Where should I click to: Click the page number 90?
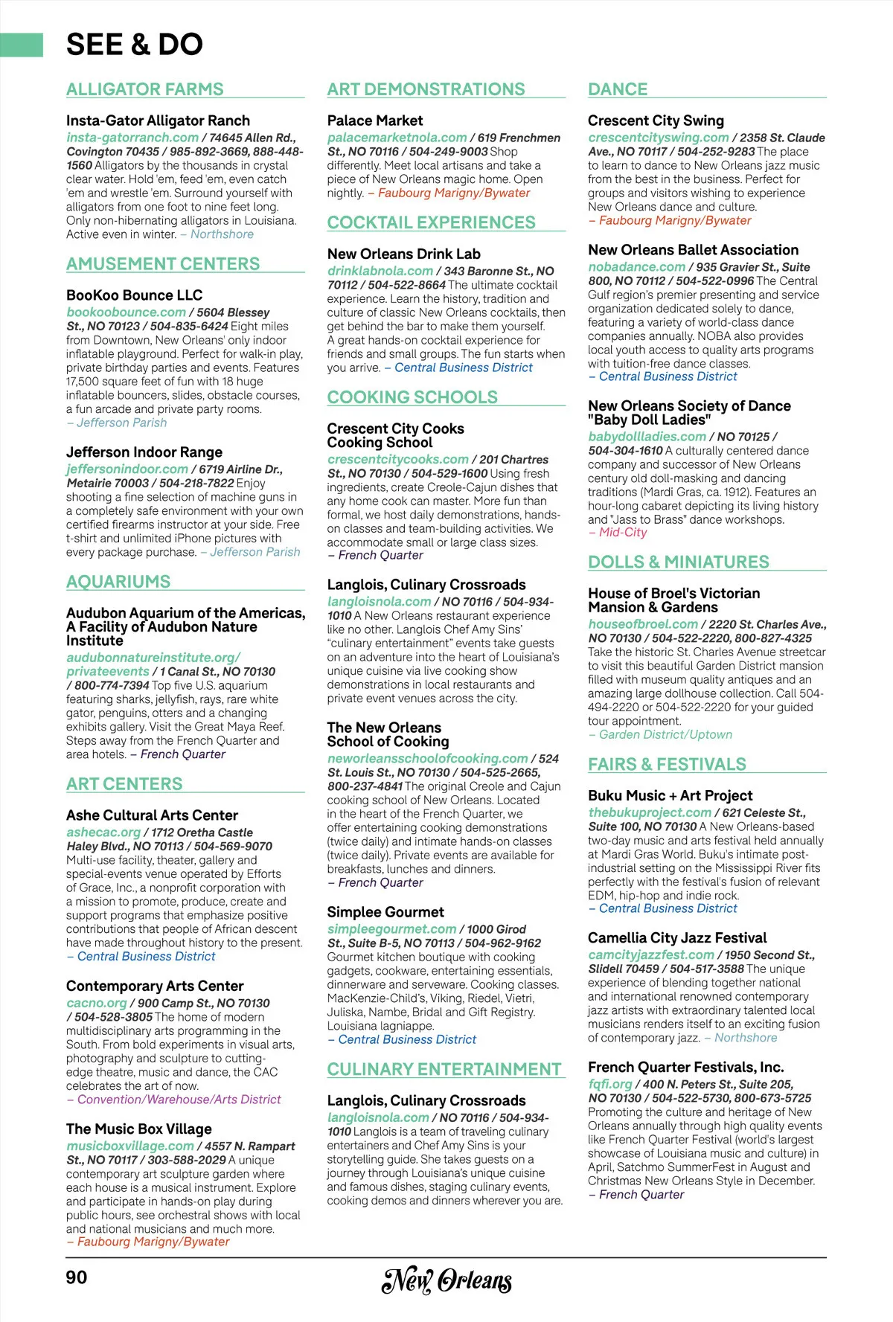coord(77,1277)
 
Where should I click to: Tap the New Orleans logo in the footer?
coord(446,1280)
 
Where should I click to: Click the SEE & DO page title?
coord(135,45)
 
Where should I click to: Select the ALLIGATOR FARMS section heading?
coord(144,89)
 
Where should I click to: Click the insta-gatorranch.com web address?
coord(132,138)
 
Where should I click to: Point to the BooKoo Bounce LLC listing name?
coord(134,295)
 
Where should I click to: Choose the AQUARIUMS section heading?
coord(118,582)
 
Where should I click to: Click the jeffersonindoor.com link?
coord(127,469)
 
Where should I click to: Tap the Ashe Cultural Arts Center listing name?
coord(152,815)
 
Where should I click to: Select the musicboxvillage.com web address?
coord(130,1146)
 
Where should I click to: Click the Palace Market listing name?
coord(375,121)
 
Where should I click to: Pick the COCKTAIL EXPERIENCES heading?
coord(432,222)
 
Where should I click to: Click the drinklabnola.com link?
coord(380,272)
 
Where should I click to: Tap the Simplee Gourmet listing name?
coord(385,912)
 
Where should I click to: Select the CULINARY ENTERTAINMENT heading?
coord(444,1069)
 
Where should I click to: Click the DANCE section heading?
coord(618,89)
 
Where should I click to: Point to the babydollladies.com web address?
coord(647,437)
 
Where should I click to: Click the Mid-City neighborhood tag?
coord(623,533)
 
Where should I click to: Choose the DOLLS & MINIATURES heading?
coord(679,562)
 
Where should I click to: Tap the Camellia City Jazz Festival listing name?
coord(677,938)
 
